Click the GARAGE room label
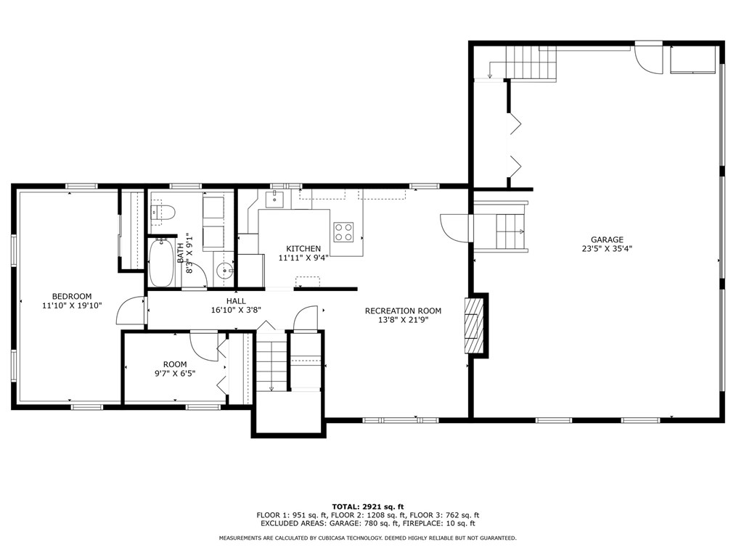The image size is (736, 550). [607, 239]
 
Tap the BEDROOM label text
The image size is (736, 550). [72, 296]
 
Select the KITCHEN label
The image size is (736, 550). [303, 248]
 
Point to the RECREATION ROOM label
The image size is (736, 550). [404, 311]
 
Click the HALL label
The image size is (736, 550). [236, 301]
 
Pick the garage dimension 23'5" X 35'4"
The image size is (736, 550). [607, 249]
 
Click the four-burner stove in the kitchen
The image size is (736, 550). [343, 231]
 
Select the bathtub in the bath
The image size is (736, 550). [160, 263]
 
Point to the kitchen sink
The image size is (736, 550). [274, 199]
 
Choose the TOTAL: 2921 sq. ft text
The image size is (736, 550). [368, 506]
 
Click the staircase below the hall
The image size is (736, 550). [271, 361]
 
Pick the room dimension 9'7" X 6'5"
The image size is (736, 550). [175, 374]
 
